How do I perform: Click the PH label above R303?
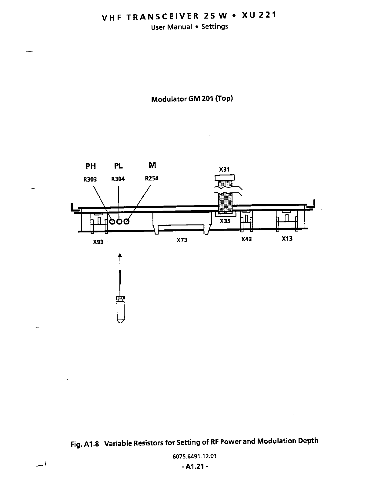click(x=91, y=166)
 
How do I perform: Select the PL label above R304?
click(x=119, y=166)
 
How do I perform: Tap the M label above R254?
click(x=152, y=165)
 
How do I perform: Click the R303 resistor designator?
click(x=90, y=179)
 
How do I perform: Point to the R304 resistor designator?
click(x=118, y=179)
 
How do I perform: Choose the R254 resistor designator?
click(x=152, y=178)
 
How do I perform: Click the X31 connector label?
click(x=224, y=169)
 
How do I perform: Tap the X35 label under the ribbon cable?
click(x=225, y=221)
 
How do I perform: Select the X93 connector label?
click(x=98, y=242)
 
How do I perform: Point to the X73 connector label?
click(x=182, y=240)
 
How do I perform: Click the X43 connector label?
click(x=246, y=239)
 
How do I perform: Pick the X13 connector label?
click(x=287, y=239)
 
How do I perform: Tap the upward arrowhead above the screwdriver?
click(x=120, y=255)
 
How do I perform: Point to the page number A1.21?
click(x=194, y=467)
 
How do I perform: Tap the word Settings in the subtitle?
click(x=215, y=27)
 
